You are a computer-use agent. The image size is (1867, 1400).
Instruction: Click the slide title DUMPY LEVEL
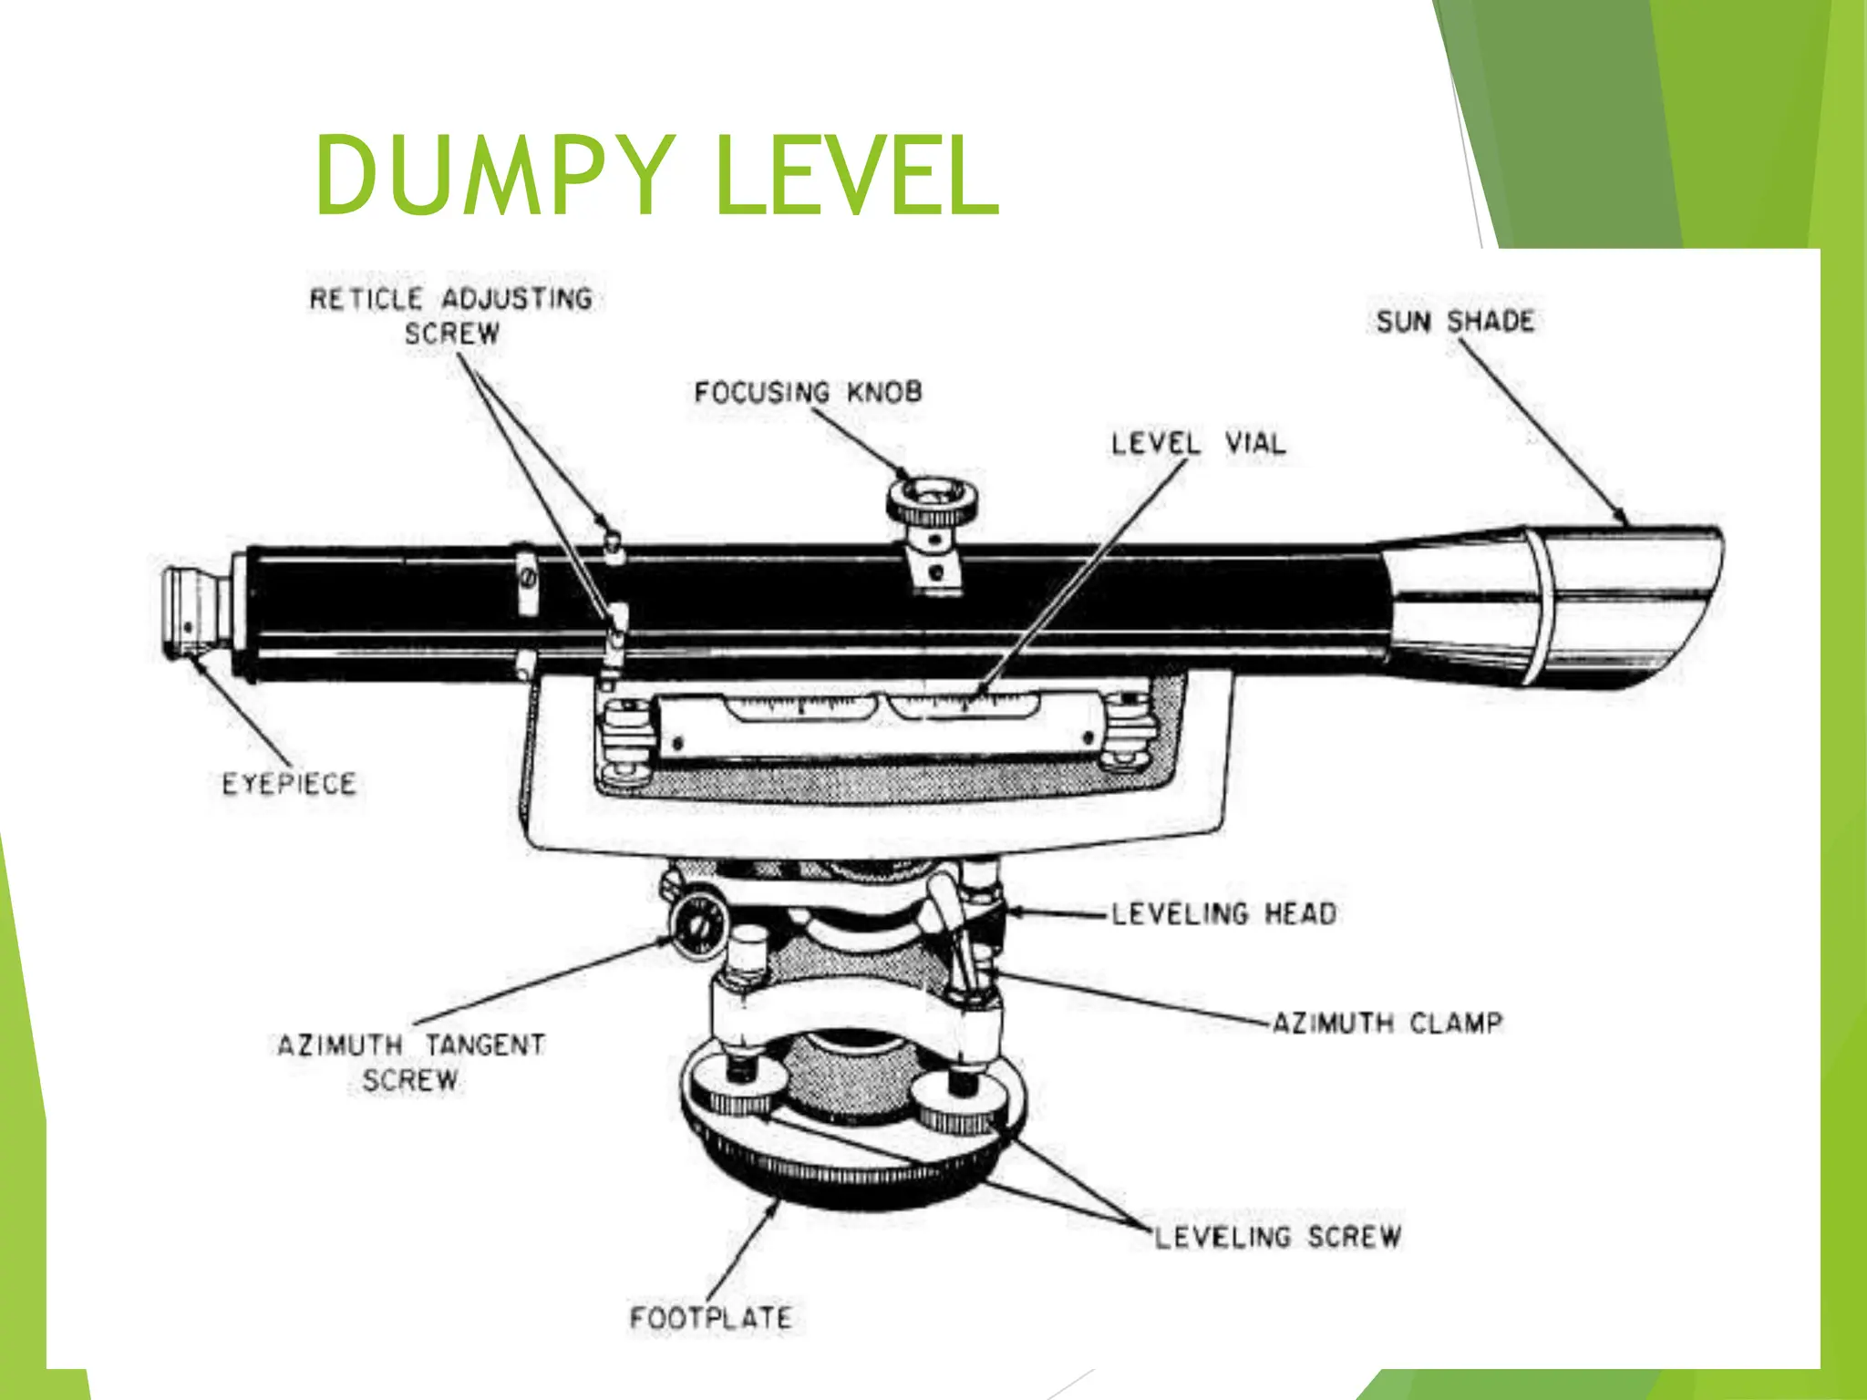656,176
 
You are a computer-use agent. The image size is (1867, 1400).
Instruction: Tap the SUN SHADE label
1455,322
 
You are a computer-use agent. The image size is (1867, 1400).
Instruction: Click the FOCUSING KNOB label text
808,393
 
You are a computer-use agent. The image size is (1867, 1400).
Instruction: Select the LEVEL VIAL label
1198,445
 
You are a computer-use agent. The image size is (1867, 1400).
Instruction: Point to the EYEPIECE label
289,784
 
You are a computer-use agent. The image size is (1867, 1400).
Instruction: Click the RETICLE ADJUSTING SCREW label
451,315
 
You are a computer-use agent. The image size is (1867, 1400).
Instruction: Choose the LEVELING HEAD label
1223,913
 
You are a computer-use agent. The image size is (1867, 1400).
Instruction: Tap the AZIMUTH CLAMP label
1386,1023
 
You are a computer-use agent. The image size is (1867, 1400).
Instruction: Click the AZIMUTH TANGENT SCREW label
411,1062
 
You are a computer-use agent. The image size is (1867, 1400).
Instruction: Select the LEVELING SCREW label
1278,1237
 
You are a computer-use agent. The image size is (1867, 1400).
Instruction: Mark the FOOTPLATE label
711,1318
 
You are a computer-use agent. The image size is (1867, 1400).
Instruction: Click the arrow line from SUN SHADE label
1541,428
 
